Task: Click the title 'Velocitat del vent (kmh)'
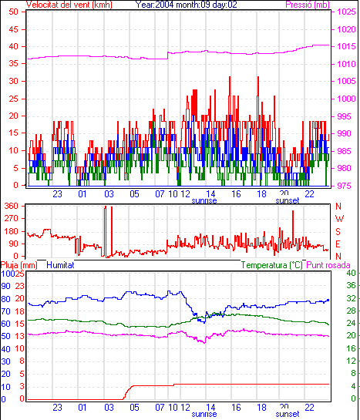[x=69, y=5]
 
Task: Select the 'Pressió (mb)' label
[x=308, y=5]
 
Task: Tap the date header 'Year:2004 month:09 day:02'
[x=186, y=5]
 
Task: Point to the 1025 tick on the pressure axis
[x=346, y=12]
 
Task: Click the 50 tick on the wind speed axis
[x=13, y=12]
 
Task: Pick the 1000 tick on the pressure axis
[x=346, y=99]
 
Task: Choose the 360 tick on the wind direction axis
[x=12, y=206]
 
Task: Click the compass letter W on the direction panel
[x=339, y=219]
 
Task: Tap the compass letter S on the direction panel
[x=338, y=231]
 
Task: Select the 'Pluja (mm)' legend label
[x=19, y=265]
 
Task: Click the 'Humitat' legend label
[x=60, y=265]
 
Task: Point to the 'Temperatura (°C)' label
[x=272, y=265]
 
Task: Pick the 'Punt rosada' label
[x=328, y=265]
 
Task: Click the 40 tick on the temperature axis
[x=351, y=273]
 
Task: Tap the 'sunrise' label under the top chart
[x=204, y=200]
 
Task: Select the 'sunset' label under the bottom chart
[x=287, y=414]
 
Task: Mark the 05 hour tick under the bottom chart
[x=134, y=408]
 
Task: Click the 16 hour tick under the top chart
[x=236, y=193]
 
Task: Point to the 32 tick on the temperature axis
[x=351, y=298]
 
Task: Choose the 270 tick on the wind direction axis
[x=12, y=219]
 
